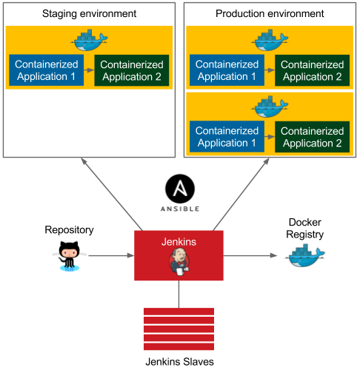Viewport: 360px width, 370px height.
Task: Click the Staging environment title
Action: tap(89, 14)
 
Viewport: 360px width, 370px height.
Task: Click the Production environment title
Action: tap(270, 14)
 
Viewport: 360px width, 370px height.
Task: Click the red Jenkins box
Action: tap(179, 255)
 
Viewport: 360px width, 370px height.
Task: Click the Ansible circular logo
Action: tap(179, 189)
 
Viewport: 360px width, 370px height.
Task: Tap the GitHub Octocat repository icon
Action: tap(70, 255)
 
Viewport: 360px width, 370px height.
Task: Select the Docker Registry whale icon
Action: tap(305, 255)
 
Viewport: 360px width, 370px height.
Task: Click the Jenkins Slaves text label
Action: tap(179, 360)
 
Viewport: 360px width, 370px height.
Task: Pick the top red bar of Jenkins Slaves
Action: tap(179, 312)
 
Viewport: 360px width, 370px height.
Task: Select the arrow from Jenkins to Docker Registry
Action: tap(252, 256)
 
